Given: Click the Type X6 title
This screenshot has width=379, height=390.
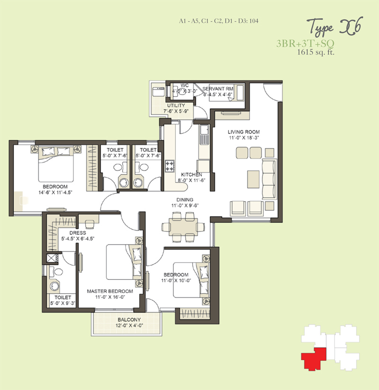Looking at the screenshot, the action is click(x=334, y=27).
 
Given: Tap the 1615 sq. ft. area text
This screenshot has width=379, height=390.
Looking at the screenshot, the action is click(x=316, y=52).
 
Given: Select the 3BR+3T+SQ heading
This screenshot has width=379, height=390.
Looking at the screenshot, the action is click(x=305, y=43).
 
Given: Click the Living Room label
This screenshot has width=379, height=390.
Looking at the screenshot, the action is click(x=244, y=132).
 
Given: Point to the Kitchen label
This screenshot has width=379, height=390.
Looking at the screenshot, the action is click(x=191, y=174).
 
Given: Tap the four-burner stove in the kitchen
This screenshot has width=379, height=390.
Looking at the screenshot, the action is click(x=170, y=166).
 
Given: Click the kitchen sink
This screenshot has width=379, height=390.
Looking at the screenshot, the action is click(x=204, y=135).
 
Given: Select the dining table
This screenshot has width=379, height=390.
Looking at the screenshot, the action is click(x=183, y=227).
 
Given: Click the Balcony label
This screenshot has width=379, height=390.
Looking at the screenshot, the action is click(x=129, y=320).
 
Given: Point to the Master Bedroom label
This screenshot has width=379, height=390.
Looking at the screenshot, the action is click(x=110, y=291).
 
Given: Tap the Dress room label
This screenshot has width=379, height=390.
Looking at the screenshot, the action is click(x=78, y=233).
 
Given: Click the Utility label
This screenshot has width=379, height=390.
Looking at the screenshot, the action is click(x=176, y=105).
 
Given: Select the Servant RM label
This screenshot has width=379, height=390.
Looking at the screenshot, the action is click(x=218, y=89).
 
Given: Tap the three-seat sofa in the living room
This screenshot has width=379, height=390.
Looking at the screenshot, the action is click(x=270, y=179).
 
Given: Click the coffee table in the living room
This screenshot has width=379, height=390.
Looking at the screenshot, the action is click(x=253, y=179).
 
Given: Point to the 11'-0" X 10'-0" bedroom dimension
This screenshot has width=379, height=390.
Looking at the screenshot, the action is click(x=176, y=280).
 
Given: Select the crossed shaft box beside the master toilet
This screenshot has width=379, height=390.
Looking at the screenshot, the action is click(x=52, y=259).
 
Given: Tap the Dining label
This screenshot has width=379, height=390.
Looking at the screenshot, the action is click(x=185, y=199).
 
